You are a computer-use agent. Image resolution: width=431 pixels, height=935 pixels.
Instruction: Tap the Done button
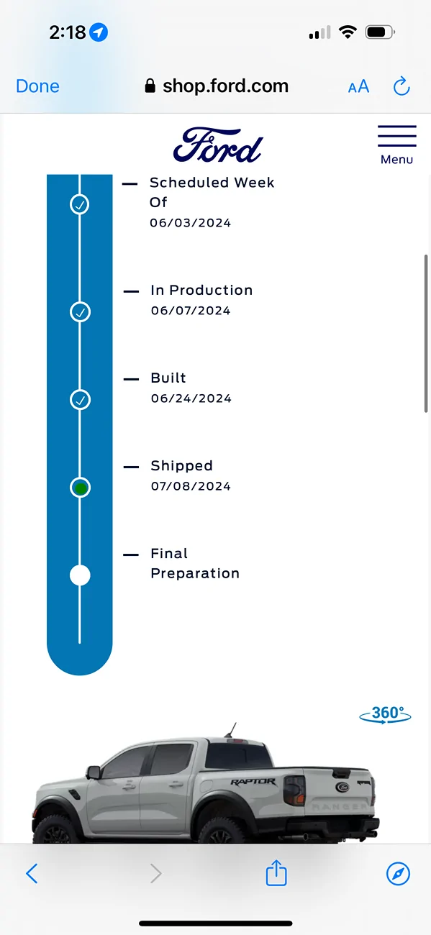(37, 86)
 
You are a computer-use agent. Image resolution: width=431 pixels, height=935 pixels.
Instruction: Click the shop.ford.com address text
(225, 86)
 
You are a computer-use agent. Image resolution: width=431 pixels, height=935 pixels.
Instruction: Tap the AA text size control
(359, 87)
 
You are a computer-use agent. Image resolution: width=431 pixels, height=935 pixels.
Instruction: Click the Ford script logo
(218, 145)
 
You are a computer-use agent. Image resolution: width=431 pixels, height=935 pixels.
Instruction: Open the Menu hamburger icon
(396, 136)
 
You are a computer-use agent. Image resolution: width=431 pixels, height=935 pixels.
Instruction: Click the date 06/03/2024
(191, 223)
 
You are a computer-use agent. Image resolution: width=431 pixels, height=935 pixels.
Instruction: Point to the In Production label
(201, 290)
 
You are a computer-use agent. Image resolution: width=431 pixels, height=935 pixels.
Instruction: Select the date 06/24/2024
(191, 398)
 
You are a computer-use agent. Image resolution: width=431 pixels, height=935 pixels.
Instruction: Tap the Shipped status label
(181, 466)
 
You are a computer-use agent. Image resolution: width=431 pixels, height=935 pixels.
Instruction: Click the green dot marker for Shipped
(80, 488)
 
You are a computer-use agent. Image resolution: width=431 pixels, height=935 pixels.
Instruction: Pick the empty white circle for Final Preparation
(80, 575)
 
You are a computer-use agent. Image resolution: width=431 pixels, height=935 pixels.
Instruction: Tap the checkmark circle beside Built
(80, 399)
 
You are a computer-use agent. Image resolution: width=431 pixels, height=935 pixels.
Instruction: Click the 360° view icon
(385, 714)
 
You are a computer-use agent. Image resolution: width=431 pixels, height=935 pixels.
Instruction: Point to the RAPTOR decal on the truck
(253, 781)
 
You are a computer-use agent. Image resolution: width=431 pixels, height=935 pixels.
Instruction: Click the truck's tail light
(294, 790)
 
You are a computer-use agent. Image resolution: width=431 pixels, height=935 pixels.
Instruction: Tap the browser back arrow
(32, 873)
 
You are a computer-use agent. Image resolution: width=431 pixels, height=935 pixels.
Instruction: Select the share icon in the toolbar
(276, 872)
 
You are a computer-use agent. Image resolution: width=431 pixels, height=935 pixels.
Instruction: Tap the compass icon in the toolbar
(398, 873)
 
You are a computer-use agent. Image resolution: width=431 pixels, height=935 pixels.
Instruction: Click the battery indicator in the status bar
(380, 32)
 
